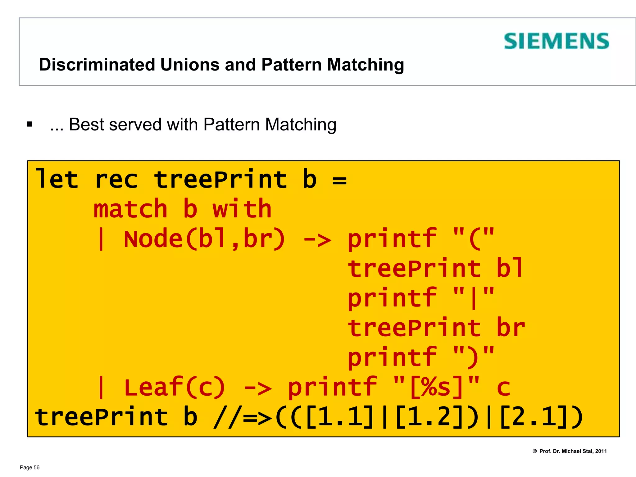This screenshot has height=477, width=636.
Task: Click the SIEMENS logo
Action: point(556,41)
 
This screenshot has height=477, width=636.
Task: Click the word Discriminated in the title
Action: point(97,65)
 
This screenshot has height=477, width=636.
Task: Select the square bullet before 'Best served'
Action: point(30,125)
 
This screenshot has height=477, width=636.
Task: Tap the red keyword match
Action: point(130,209)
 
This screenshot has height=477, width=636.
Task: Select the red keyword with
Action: point(242,209)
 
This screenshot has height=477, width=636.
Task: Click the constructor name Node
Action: point(153,239)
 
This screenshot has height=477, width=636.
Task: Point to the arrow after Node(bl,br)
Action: point(317,239)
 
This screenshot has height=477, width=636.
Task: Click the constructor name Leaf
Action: point(153,387)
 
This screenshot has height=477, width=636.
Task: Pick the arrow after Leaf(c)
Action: point(257,388)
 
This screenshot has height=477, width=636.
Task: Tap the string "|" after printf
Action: point(473,298)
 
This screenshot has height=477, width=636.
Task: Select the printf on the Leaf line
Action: point(332,387)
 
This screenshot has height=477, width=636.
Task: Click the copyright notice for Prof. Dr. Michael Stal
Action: point(570,451)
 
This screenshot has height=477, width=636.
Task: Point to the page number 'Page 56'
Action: point(30,467)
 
